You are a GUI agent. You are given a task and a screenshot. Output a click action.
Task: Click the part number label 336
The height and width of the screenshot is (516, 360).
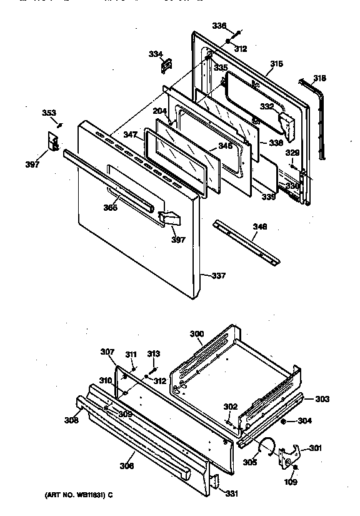coord(219,26)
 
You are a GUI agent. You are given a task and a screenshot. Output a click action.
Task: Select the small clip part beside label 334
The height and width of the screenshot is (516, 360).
coord(167,63)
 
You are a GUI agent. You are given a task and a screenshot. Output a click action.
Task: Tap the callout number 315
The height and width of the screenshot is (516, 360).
coord(276,64)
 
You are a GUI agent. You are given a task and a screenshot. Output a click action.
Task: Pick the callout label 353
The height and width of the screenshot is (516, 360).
coord(48,113)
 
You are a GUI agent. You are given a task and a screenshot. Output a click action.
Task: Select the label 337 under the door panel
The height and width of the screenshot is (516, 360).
coord(219,275)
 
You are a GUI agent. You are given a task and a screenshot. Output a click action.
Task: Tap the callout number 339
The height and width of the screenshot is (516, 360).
coord(267,197)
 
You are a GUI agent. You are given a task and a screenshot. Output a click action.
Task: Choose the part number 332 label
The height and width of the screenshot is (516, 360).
coord(267,107)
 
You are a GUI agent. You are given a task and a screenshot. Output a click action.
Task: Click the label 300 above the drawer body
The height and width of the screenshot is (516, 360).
coord(196,334)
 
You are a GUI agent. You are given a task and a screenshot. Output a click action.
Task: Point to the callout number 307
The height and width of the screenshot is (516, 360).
coord(107,352)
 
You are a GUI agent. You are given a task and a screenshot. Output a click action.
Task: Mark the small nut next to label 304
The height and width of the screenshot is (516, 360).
coord(284,422)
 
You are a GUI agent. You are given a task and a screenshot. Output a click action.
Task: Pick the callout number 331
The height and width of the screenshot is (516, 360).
coord(232,494)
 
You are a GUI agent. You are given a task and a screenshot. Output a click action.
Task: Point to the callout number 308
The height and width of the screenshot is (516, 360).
coord(71,420)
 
